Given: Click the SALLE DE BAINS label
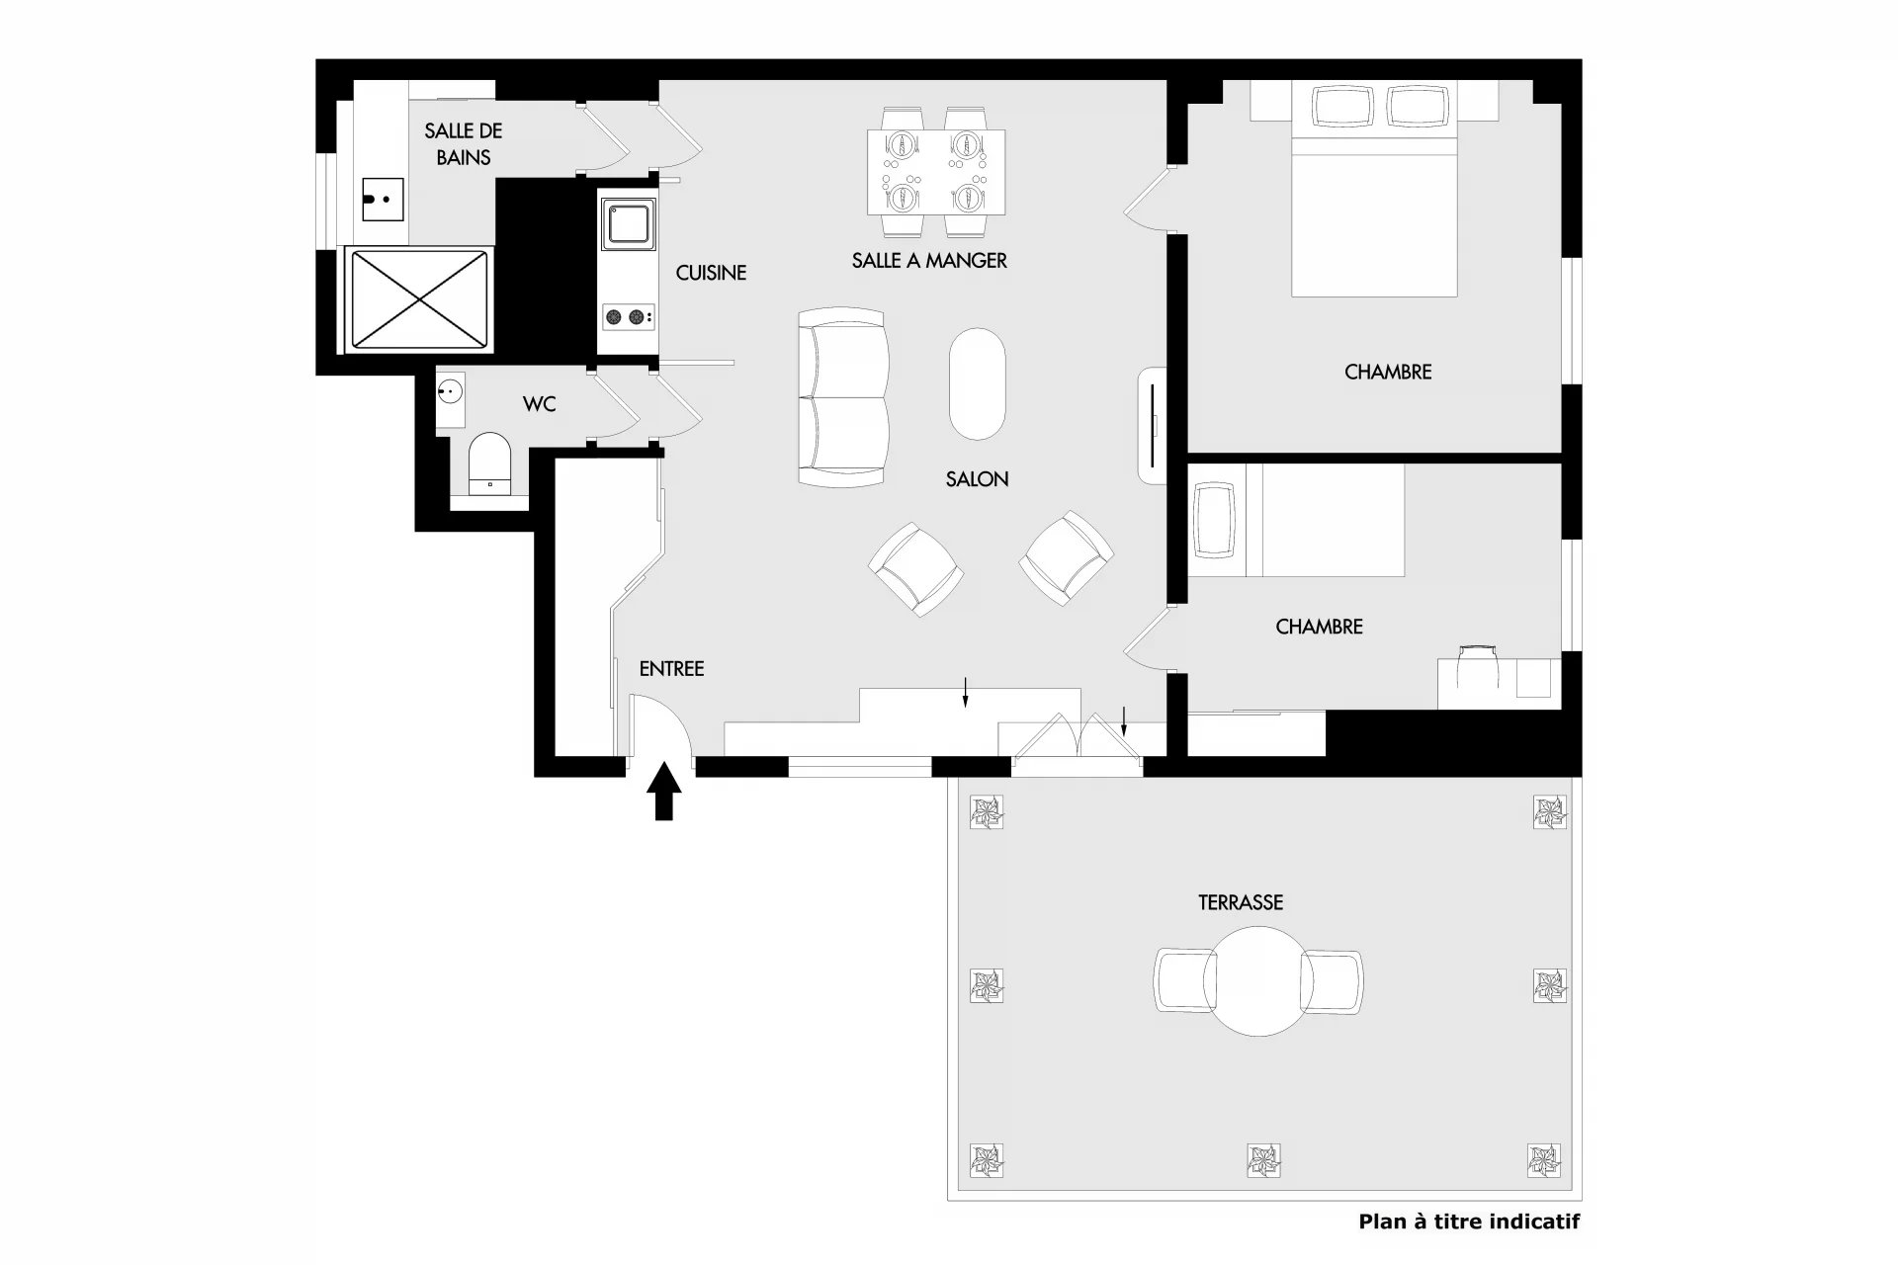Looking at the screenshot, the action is pos(464,143).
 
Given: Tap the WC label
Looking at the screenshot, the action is pos(539,404).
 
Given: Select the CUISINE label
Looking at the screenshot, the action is pos(711,273).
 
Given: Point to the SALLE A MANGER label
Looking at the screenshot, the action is pos(929,260).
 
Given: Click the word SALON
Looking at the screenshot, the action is pos(977,479).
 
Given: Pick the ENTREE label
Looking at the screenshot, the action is pos(671,669).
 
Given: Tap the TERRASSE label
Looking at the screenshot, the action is pos(1241,902).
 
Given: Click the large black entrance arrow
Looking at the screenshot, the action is pos(664,791).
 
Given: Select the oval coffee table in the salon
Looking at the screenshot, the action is pos(978,383).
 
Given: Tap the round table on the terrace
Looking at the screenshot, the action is pos(1258,980).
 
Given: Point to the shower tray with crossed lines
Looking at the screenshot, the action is pos(420,299).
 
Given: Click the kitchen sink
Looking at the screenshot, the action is pos(628,222).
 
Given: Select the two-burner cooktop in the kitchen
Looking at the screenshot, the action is pos(628,317).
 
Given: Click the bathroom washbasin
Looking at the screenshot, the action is pos(383,200).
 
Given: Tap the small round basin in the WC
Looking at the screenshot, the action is pos(451,391).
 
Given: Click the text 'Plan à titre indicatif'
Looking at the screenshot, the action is pos(1469,1222).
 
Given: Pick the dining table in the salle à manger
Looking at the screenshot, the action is pos(936,172).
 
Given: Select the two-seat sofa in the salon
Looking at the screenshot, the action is pos(842,397).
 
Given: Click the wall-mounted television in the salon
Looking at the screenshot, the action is pos(1154,425).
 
